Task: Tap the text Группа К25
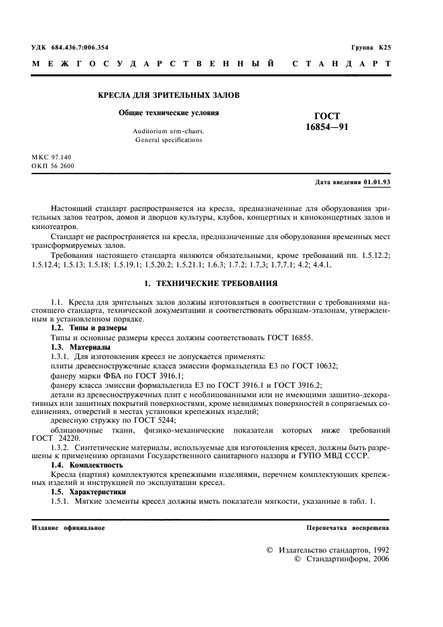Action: (370, 48)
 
